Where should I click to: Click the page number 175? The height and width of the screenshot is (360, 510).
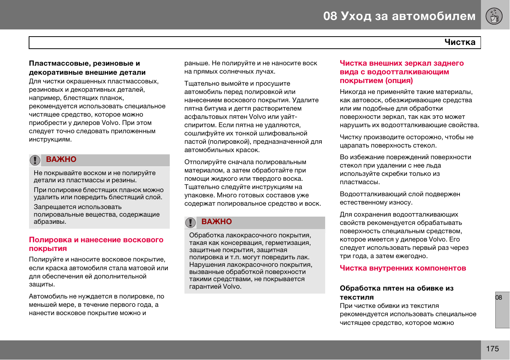coord(492,349)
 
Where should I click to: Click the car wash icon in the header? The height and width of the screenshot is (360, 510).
coord(494,16)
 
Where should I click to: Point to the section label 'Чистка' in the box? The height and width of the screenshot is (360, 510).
coord(459,42)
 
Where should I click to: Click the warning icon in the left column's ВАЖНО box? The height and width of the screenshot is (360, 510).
coord(35,160)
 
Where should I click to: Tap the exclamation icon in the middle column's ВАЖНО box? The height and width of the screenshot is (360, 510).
coord(190,223)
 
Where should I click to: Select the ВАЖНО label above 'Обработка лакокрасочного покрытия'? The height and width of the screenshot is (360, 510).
coord(217,222)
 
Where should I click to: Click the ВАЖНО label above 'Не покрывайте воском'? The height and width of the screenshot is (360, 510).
coord(61,160)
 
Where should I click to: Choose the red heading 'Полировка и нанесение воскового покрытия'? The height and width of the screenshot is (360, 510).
coord(96,244)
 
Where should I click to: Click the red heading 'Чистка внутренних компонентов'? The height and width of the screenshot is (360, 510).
coord(402,268)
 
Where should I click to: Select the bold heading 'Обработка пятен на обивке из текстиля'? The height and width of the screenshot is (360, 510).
coord(396,292)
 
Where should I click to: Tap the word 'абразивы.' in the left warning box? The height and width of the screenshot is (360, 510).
coord(50,222)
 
